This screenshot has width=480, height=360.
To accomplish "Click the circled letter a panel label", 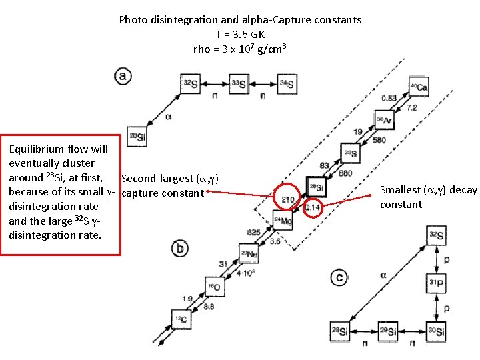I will coord(123,75).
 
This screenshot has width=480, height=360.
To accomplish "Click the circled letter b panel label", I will coord(179,249).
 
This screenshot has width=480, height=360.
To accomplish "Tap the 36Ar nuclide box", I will coord(385,121).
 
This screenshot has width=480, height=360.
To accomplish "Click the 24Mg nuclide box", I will coord(282,219).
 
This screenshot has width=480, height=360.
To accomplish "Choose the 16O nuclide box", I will coord(213,287).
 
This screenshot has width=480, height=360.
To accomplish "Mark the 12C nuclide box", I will coord(181,319).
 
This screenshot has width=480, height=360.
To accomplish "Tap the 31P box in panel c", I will coord(436,283).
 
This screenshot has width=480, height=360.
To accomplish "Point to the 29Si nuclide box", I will coord(388,331).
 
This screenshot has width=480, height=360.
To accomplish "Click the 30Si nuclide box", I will coord(436,331).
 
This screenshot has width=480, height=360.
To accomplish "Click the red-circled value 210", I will coord(288,199).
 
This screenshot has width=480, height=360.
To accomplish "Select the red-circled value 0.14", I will coord(313,207).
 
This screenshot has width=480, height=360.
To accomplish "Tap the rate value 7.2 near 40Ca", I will coord(412,108).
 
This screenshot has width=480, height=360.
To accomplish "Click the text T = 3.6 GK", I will coord(240,34).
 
